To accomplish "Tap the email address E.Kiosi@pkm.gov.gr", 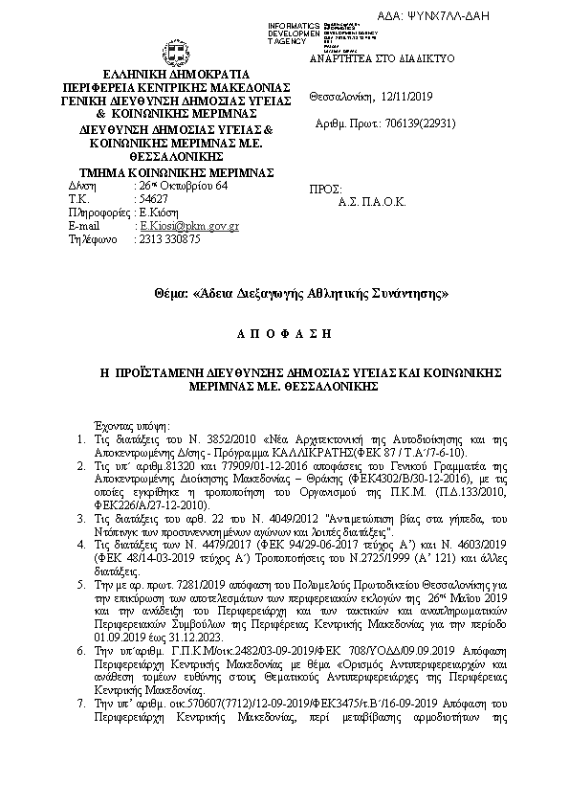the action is [189, 226].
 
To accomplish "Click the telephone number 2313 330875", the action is [170, 239].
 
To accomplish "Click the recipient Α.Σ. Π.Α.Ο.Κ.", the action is [372, 203].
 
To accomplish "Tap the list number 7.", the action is [81, 702].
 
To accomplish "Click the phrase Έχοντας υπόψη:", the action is [130, 423].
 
